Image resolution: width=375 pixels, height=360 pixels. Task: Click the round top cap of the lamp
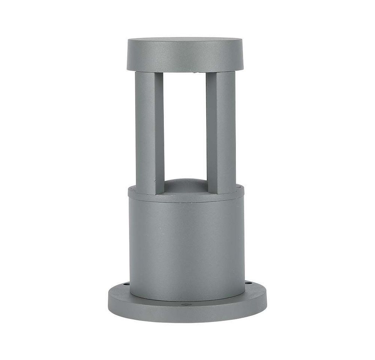pyautogui.click(x=184, y=54)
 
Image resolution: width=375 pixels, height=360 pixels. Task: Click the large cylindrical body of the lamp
pyautogui.click(x=186, y=247)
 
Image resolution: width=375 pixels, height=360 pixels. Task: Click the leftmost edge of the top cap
pyautogui.click(x=127, y=54)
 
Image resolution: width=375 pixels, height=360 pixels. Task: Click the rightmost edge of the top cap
pyautogui.click(x=243, y=54)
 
